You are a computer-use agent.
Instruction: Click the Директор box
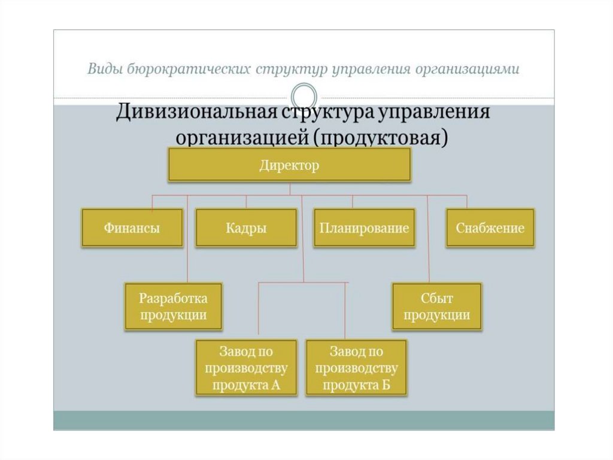tap(289, 165)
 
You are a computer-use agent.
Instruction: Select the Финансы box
tap(132, 228)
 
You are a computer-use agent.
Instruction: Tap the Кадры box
tap(246, 228)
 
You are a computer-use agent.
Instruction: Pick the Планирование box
tap(364, 228)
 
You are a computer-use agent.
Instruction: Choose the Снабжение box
tap(490, 228)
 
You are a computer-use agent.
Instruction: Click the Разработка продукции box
tap(173, 306)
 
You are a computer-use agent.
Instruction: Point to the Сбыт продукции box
tap(437, 306)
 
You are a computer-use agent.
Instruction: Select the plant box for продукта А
tap(246, 367)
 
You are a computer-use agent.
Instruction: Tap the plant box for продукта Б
tap(356, 367)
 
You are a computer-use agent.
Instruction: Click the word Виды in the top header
tap(105, 69)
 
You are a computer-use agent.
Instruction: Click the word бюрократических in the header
tap(189, 69)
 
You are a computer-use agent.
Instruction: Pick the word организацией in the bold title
tap(240, 137)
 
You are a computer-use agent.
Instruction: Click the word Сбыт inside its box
tap(437, 298)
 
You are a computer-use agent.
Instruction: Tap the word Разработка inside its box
tap(173, 298)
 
